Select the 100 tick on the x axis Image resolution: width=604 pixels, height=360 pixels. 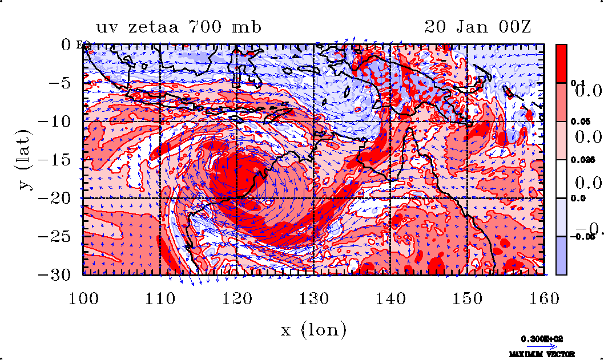tap(83, 298)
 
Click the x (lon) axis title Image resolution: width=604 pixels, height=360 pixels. tap(313, 330)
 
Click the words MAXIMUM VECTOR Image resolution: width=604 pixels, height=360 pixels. tap(538, 354)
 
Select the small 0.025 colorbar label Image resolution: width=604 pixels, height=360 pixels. tap(579, 160)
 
